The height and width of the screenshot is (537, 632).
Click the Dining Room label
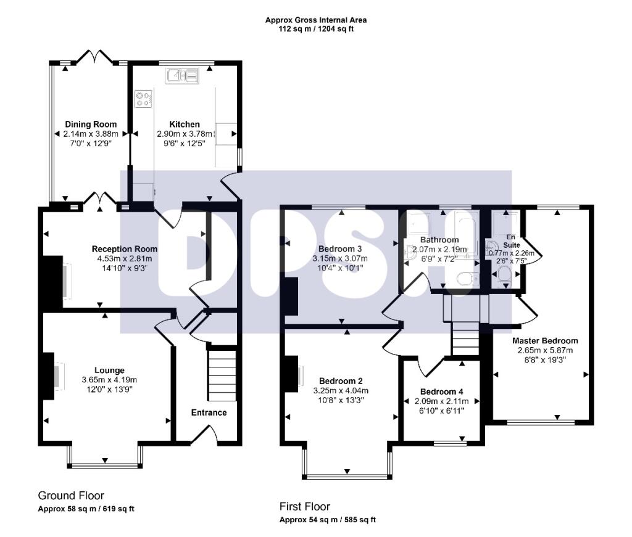90,125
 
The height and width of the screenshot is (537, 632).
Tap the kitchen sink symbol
182,76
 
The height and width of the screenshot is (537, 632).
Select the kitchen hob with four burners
144,99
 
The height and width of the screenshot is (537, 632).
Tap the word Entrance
209,412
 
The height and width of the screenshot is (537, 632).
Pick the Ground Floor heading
71,496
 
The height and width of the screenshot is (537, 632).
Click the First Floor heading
305,507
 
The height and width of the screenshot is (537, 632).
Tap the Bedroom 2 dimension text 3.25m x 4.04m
341,390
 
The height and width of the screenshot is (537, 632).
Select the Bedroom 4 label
441,391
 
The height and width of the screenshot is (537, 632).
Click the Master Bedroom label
545,340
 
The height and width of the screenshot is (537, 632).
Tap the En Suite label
509,240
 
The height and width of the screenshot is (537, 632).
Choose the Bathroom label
439,240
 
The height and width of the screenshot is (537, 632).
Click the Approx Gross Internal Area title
316,20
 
